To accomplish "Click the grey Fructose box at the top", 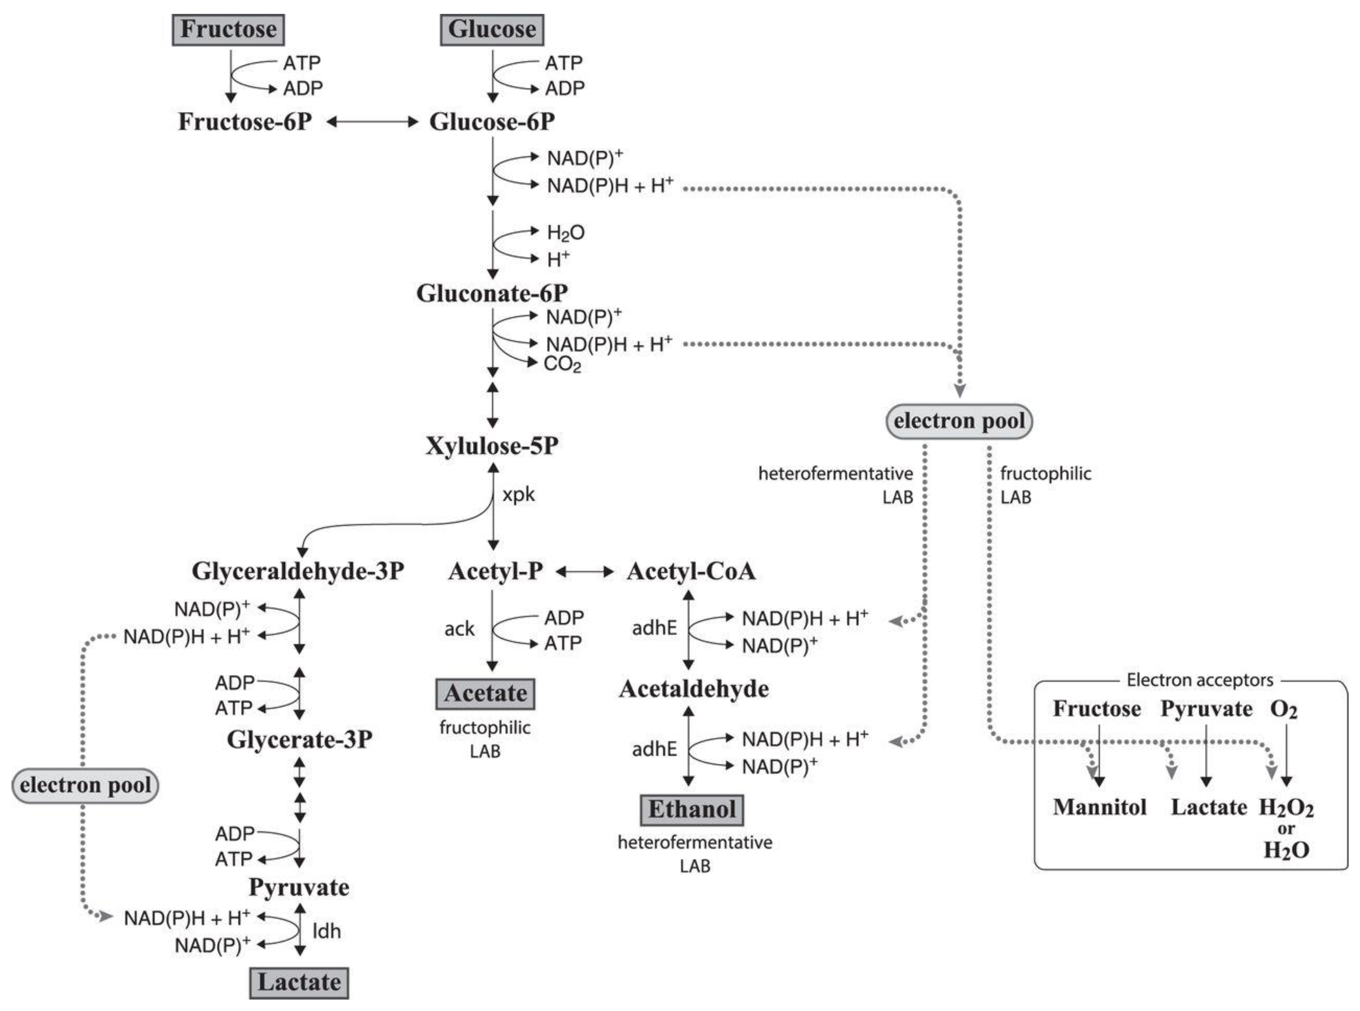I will [x=228, y=29].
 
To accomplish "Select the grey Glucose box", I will [x=492, y=29].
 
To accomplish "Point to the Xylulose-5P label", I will [x=492, y=446].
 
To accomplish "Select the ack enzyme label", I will [x=459, y=628].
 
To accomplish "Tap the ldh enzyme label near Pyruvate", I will [x=327, y=931].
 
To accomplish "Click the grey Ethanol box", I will [x=692, y=809].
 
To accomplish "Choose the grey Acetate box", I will [x=485, y=693].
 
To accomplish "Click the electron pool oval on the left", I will [x=85, y=785].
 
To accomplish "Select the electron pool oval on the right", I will [x=959, y=421].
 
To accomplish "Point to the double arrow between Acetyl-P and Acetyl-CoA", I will [x=584, y=572].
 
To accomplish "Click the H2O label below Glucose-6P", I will [x=565, y=233].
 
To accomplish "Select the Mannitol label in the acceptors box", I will [x=1099, y=807].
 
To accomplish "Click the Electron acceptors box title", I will [x=1200, y=680].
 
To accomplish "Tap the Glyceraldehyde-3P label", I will [x=298, y=571].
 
